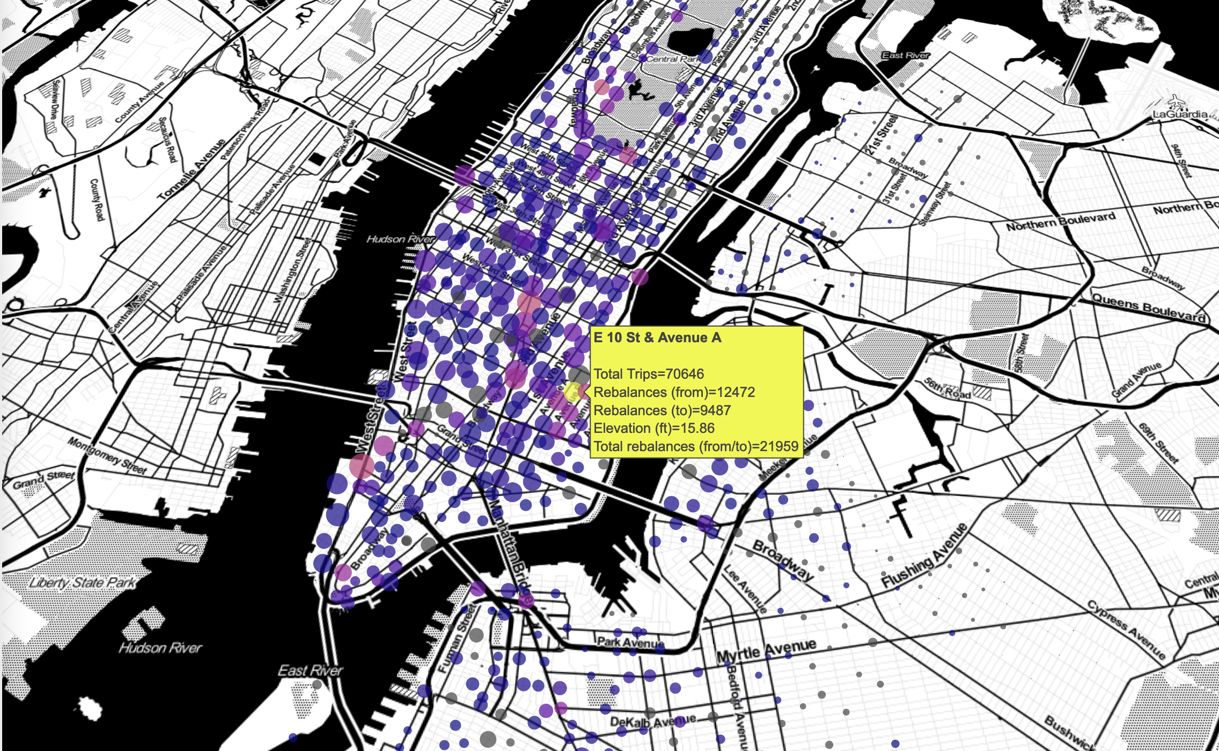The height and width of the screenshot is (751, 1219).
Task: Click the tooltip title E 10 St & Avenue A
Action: (x=657, y=338)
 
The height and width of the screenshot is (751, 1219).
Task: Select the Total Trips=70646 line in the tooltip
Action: (x=649, y=374)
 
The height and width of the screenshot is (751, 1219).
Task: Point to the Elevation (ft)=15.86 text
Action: (x=654, y=428)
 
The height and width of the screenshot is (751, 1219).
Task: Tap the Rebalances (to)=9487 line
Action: (x=662, y=410)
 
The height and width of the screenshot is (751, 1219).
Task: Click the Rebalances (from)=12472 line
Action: (x=674, y=392)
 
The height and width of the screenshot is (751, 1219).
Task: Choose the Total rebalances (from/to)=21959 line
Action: (x=696, y=446)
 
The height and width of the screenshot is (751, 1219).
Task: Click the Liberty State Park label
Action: (x=82, y=583)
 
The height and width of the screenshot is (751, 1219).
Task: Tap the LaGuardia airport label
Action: (x=1180, y=114)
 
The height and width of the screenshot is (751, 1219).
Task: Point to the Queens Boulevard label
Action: (x=1148, y=308)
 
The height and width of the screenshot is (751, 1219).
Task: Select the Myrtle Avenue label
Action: (x=766, y=651)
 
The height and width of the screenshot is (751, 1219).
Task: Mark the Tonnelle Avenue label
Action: (x=191, y=169)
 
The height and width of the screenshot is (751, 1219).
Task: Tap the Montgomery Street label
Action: (x=107, y=455)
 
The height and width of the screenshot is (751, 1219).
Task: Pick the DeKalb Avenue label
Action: (x=652, y=721)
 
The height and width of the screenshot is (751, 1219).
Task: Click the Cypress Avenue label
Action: (x=1126, y=629)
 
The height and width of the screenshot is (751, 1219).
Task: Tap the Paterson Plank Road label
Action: (x=245, y=128)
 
